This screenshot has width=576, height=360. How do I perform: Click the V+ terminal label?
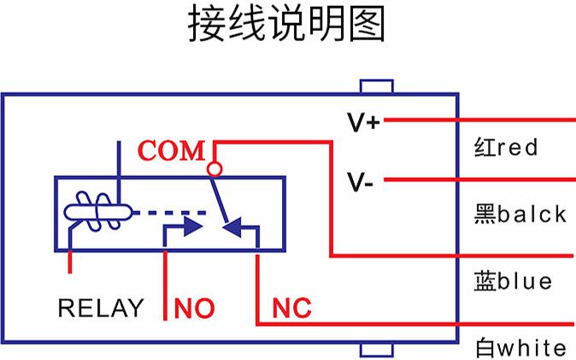tap(363, 122)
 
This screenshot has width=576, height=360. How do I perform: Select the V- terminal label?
tap(360, 180)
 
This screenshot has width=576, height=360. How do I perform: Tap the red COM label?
tap(172, 151)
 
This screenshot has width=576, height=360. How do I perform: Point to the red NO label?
tap(194, 308)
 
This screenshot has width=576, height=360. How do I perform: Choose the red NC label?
tap(291, 308)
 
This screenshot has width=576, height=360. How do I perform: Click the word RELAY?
tap(101, 308)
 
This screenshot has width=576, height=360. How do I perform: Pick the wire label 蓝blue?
tap(513, 280)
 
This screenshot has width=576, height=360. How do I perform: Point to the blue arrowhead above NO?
tap(192, 228)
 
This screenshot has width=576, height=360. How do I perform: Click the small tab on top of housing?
tap(376, 87)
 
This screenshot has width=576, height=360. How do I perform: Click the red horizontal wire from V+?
tap(479, 121)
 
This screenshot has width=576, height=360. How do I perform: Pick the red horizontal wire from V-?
tap(479, 180)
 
